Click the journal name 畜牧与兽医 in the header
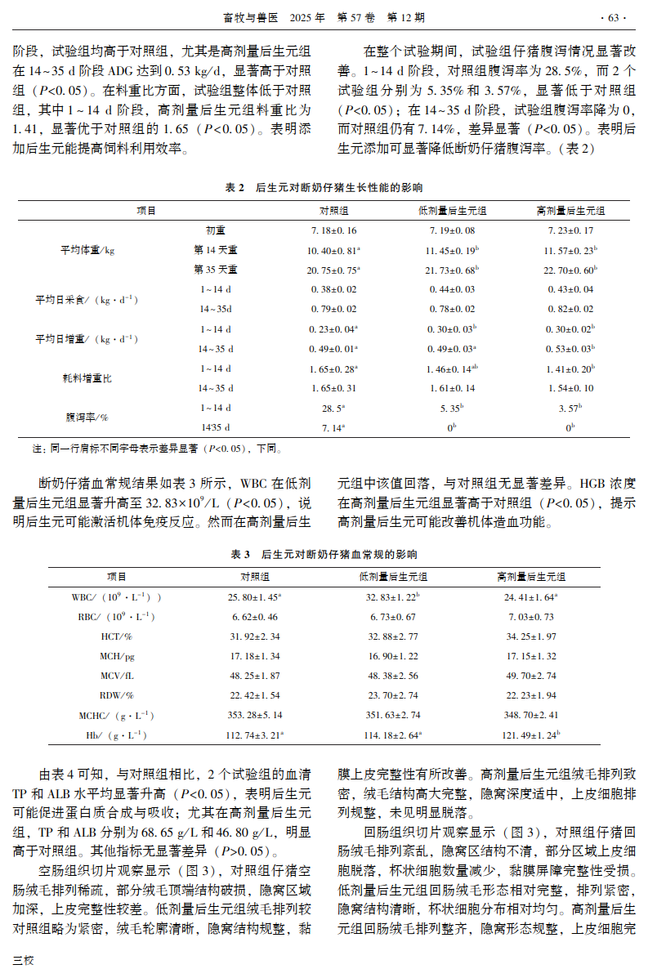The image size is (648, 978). click(246, 16)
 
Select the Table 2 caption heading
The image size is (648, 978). click(324, 187)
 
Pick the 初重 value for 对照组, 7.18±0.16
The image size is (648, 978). click(333, 231)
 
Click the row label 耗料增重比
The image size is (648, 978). click(87, 378)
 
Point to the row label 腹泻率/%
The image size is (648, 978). click(87, 417)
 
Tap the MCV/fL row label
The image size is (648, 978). click(117, 676)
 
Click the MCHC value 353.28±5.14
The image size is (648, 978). click(255, 715)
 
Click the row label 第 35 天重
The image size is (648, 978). click(216, 270)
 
